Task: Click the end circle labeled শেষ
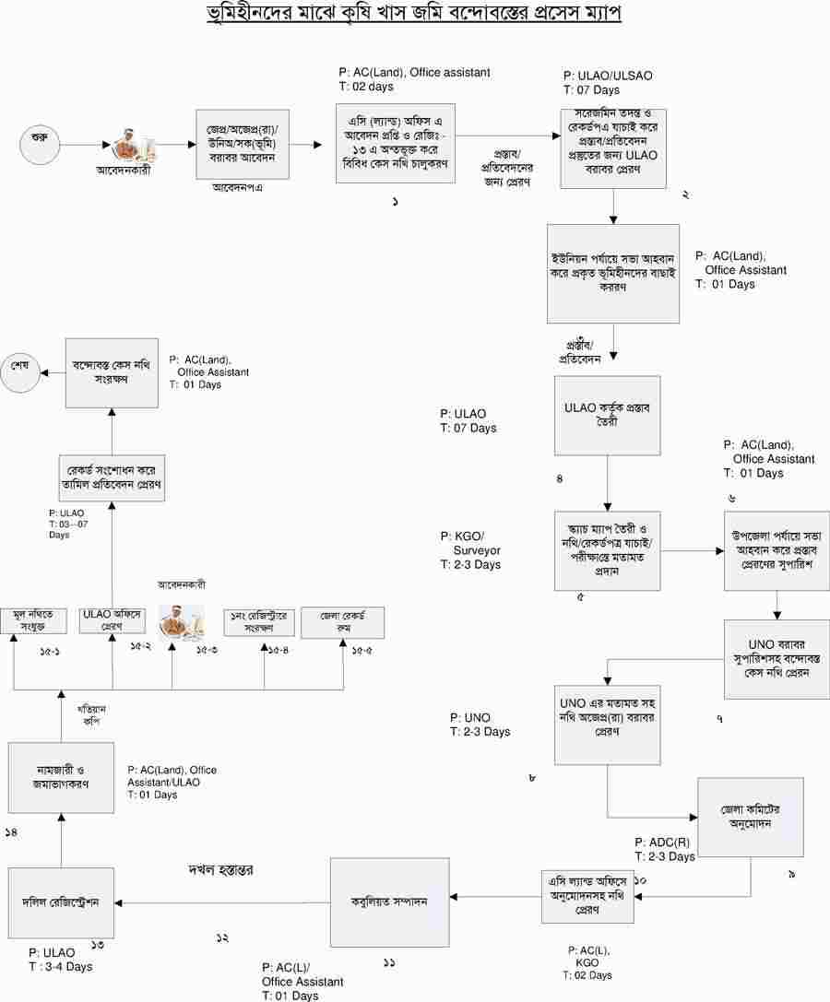(x=20, y=365)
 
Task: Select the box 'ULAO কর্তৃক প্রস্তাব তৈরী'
(x=608, y=416)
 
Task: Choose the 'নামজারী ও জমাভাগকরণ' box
(x=62, y=777)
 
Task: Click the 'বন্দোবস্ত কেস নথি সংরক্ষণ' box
(x=111, y=372)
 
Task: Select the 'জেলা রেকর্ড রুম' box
(x=342, y=622)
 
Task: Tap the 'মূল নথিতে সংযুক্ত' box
(x=33, y=621)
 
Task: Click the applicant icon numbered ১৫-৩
(x=181, y=621)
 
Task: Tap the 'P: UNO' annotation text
(x=470, y=717)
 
